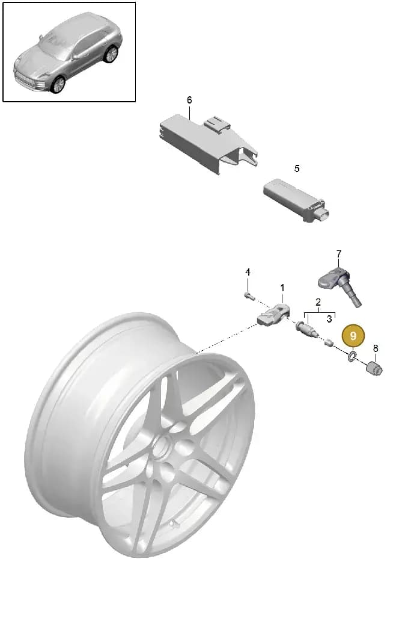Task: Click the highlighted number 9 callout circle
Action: [x=353, y=336]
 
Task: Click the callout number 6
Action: [x=189, y=100]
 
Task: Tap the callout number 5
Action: [x=297, y=168]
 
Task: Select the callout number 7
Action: [x=339, y=254]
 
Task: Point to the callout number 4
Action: [x=248, y=272]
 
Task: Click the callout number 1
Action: [x=282, y=288]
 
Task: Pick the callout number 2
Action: [x=318, y=302]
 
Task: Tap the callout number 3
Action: [x=329, y=319]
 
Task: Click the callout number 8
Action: [x=376, y=348]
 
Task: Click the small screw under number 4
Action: [x=249, y=297]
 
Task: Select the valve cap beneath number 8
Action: [x=374, y=368]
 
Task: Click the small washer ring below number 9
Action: [x=353, y=356]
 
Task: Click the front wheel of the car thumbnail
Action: [x=58, y=84]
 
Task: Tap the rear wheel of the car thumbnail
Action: [x=111, y=54]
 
